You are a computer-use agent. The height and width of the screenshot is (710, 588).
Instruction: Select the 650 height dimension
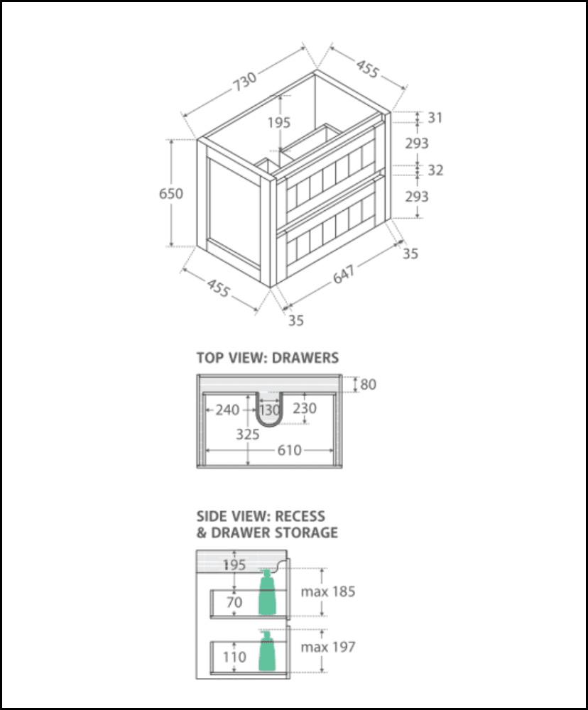(x=170, y=193)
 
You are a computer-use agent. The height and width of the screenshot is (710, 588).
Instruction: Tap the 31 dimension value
(x=435, y=118)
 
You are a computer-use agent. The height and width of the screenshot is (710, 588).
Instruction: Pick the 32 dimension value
(x=435, y=170)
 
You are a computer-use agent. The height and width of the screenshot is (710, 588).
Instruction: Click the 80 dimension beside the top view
(x=368, y=385)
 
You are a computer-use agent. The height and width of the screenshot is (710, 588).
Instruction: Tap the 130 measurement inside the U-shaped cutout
(x=269, y=410)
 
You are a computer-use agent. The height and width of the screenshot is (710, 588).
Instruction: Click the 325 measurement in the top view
(x=247, y=434)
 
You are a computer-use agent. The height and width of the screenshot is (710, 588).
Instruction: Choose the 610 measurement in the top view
(x=290, y=450)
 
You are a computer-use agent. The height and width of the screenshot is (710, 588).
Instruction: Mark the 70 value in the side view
(x=234, y=603)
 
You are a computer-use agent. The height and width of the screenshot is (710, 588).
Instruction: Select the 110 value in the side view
(x=234, y=657)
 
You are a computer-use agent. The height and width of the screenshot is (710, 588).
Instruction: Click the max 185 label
(x=327, y=591)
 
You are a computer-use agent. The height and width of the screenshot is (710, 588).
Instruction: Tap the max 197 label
(x=327, y=647)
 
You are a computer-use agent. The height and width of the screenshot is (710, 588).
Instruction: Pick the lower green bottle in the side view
(x=267, y=652)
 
